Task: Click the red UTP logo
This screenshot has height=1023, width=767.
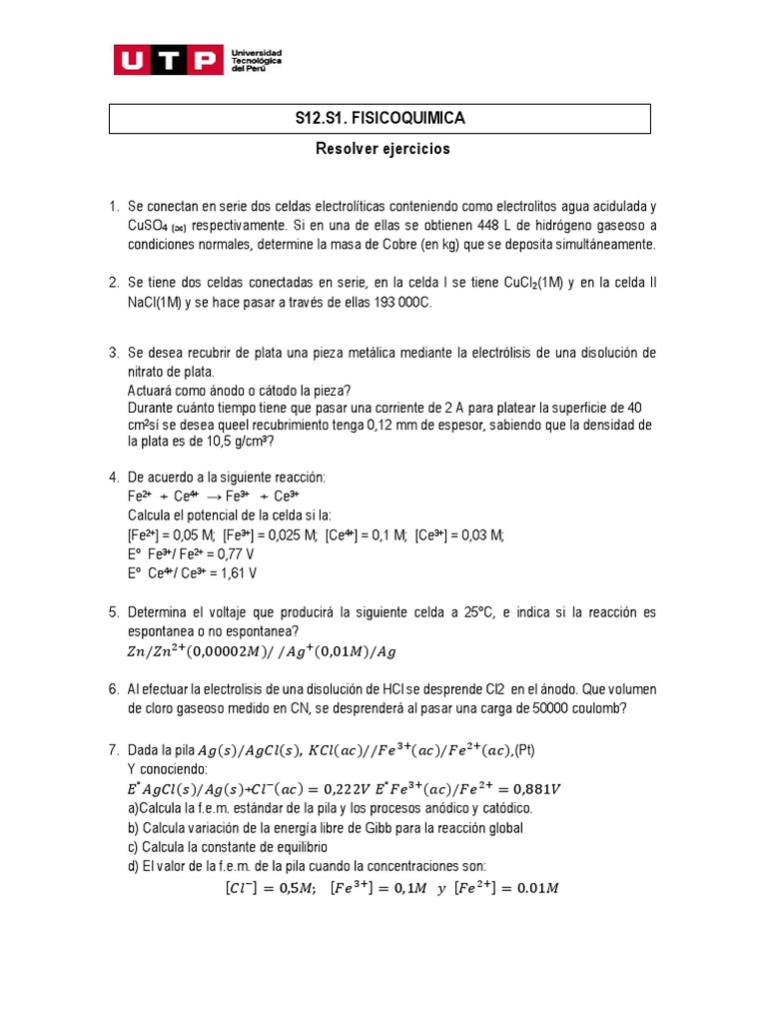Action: point(167,61)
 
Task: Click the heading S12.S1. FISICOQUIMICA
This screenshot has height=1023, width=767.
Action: point(380,119)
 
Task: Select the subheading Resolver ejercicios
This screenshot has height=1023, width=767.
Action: point(383,149)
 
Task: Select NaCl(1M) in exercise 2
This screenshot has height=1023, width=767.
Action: point(156,303)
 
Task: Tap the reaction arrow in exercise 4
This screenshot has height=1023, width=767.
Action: point(214,496)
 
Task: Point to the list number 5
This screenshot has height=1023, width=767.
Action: point(114,611)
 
